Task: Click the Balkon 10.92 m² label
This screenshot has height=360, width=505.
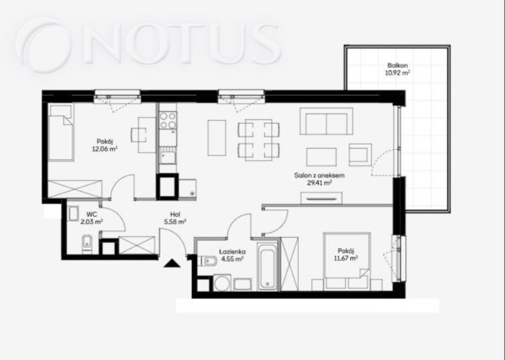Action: coord(397,69)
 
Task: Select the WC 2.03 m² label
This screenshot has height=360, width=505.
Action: coord(92,218)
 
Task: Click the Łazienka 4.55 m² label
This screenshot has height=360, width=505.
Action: coord(232,254)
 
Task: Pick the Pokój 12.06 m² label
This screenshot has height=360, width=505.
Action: coord(104,145)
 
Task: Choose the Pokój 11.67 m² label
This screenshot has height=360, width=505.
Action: coord(346,254)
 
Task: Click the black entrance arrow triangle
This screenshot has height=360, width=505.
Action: coord(172,263)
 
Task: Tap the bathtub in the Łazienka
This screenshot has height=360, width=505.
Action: coord(267,266)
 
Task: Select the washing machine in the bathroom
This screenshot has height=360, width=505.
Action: coord(223,283)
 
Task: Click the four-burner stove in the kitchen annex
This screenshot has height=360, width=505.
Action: coord(168,120)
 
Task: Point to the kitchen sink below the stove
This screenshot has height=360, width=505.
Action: coord(168,157)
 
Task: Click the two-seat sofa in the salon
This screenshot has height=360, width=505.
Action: coord(327,121)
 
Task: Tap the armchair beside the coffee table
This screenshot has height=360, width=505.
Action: coord(360,154)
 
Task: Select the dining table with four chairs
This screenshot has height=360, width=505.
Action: coord(259,140)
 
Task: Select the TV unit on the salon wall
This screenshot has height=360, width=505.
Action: coord(321,198)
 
